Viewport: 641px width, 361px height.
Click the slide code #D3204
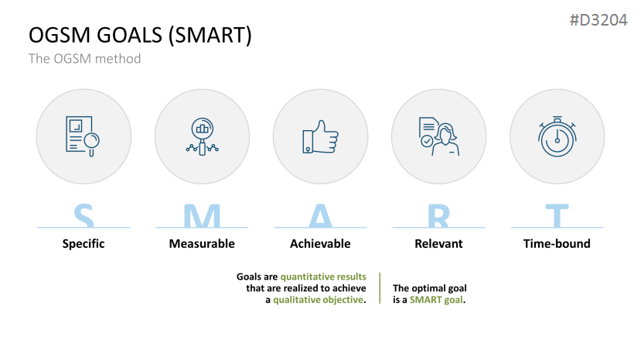point(598,19)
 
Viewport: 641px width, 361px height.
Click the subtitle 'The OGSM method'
point(84,59)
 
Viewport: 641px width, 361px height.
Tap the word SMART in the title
point(210,35)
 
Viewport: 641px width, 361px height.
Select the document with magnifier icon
point(83,136)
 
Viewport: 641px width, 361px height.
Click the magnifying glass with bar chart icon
point(202,136)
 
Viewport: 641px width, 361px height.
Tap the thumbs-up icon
point(320,137)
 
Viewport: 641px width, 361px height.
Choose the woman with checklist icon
point(439,136)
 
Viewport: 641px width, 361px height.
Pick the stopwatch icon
point(557,136)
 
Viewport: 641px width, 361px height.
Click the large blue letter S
point(84,215)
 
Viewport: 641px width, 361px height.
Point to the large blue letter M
point(202,215)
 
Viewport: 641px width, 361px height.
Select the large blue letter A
point(320,215)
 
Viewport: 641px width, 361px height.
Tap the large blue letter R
point(438,215)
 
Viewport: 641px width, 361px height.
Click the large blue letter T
point(557,215)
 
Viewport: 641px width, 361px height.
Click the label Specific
point(84,244)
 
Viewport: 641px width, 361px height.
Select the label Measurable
point(202,244)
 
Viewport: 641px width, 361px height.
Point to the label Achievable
point(320,244)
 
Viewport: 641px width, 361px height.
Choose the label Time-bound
point(557,244)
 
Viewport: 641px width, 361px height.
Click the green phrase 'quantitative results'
point(323,277)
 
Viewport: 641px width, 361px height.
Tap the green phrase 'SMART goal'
point(437,300)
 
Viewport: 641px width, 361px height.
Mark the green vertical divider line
point(380,288)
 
